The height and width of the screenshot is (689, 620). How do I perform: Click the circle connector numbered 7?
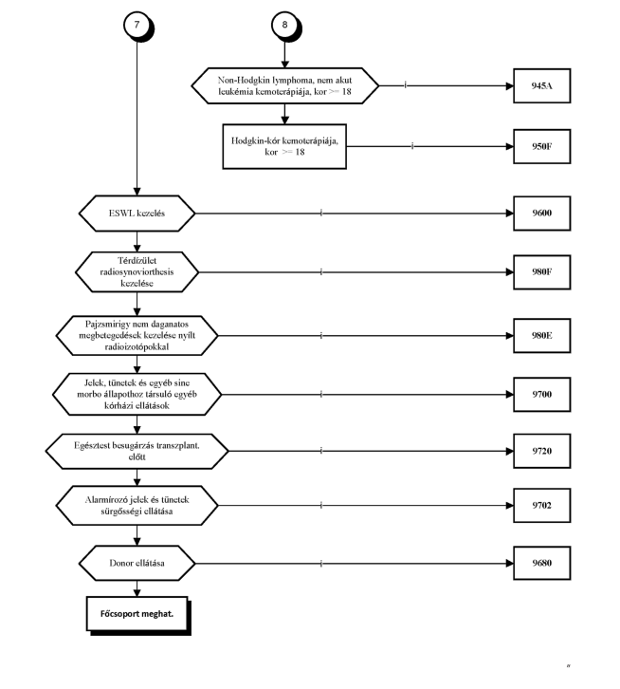137,25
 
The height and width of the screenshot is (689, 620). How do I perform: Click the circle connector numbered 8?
284,25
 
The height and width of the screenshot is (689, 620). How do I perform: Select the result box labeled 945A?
542,85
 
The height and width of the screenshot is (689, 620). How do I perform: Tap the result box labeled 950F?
542,146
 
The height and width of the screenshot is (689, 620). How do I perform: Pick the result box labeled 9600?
542,214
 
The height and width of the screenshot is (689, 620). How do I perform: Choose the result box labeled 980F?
542,272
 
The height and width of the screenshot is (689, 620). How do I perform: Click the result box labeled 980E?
542,336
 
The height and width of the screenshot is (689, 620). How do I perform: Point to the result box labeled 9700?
542,394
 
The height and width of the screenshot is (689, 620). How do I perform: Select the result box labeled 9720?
542,451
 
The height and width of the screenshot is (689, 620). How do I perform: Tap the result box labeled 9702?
542,505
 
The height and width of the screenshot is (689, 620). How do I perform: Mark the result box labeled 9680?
542,563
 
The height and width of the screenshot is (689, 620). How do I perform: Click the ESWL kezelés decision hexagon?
137,214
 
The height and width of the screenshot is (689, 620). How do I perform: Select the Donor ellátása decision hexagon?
137,564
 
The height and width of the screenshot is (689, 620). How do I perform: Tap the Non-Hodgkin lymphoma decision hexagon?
284,85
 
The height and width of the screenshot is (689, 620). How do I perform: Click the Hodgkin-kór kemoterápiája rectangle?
284,146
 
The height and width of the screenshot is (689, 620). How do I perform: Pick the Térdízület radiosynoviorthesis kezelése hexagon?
137,272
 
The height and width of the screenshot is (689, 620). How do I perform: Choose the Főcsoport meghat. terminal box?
137,614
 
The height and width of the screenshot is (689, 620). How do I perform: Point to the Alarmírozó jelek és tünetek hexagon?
137,505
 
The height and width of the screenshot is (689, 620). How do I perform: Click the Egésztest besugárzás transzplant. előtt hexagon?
137,452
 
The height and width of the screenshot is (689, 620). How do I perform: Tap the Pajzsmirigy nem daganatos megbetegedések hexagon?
137,336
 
